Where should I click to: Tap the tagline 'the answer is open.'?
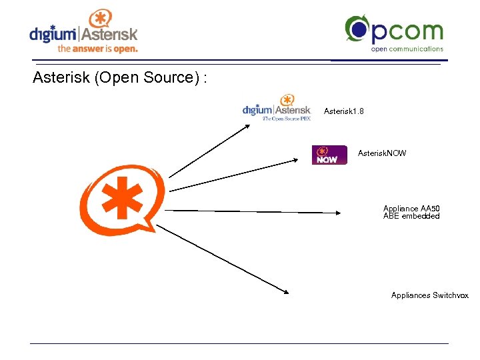tap(97, 49)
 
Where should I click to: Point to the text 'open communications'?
tap(407, 49)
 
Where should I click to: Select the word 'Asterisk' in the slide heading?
tap(61, 78)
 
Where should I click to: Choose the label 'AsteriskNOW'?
tap(382, 153)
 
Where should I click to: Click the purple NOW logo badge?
tap(329, 155)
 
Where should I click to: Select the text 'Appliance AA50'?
tap(411, 209)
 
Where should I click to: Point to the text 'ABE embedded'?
tap(411, 216)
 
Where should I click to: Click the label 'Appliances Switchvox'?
tap(430, 295)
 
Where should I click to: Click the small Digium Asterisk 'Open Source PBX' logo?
tap(277, 107)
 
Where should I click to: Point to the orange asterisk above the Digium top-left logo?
tap(101, 18)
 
